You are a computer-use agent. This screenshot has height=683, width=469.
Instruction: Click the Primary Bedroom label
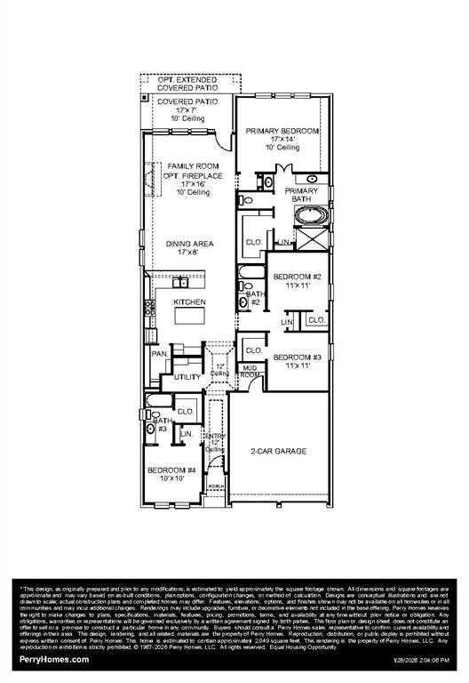(282, 132)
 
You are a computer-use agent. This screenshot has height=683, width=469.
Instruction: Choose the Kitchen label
(189, 302)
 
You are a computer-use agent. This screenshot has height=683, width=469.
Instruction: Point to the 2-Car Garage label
(278, 452)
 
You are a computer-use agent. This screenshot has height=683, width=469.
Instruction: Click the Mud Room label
(250, 371)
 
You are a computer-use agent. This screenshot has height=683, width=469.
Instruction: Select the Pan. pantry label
(160, 353)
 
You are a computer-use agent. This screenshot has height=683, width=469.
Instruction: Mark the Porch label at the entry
(214, 486)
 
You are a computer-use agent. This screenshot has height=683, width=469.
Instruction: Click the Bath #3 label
(159, 425)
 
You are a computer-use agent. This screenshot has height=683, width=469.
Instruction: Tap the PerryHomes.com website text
(54, 660)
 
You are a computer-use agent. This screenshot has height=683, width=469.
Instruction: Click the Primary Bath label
(301, 195)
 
